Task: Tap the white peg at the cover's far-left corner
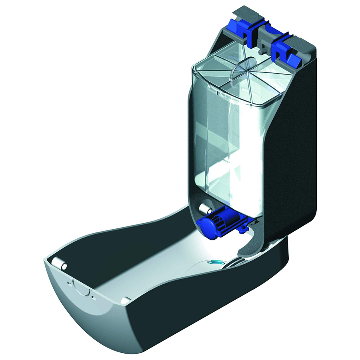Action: [x=60, y=263]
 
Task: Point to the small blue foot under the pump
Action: [x=243, y=229]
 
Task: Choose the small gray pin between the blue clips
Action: [x=261, y=51]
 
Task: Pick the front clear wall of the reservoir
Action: [x=224, y=152]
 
